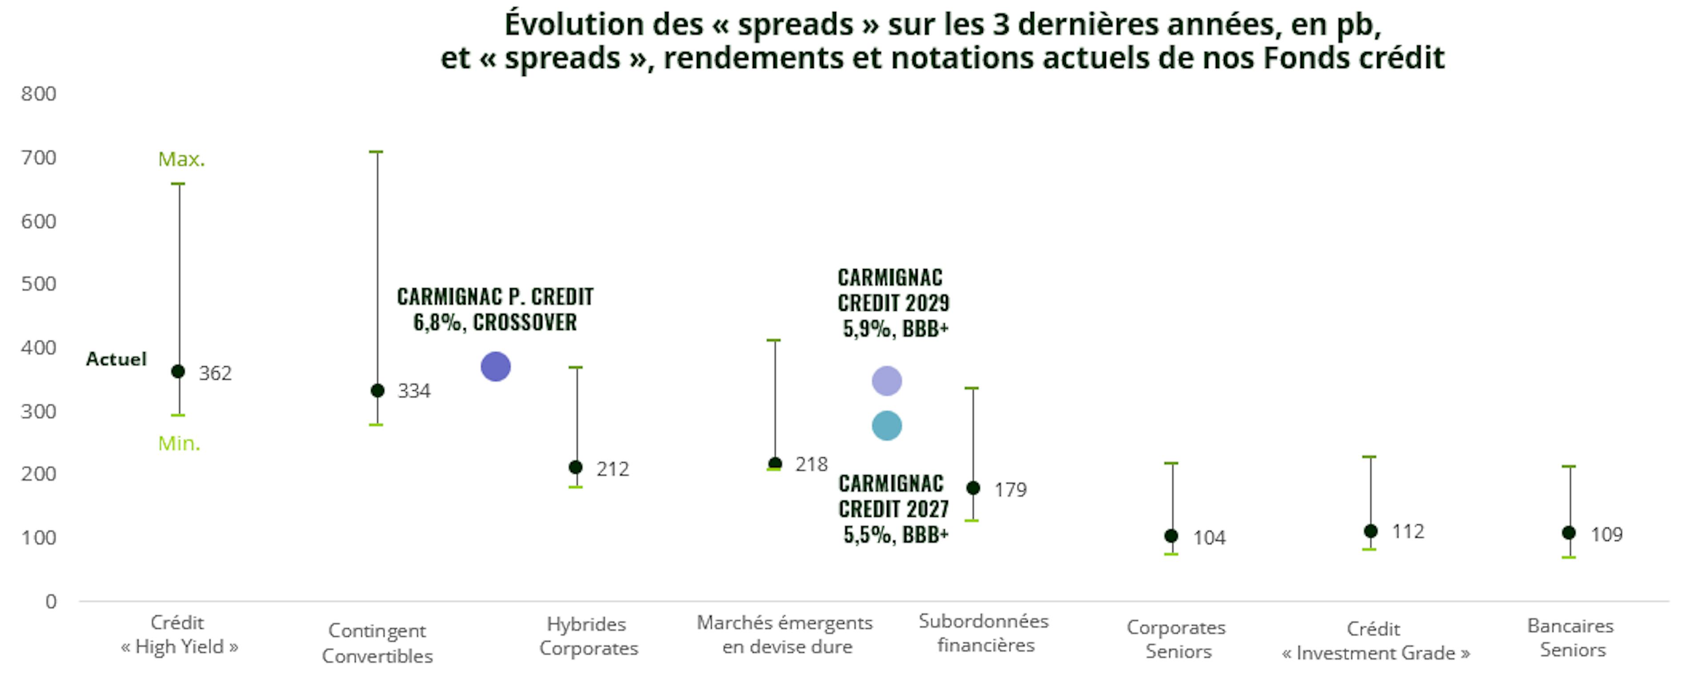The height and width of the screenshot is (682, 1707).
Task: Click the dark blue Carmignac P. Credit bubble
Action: [x=495, y=366]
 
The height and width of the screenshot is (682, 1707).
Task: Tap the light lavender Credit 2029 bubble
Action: [x=887, y=381]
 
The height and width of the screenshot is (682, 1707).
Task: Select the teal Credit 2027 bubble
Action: [x=887, y=425]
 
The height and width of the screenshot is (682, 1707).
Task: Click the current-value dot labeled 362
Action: [x=178, y=371]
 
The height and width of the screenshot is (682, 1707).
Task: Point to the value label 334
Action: [x=413, y=391]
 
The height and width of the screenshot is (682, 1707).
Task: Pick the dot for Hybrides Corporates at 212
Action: [x=576, y=467]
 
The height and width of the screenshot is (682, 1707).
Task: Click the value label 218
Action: [x=811, y=464]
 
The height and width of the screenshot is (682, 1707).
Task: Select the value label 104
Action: [x=1209, y=538]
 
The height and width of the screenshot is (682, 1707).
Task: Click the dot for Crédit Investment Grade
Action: [x=1370, y=531]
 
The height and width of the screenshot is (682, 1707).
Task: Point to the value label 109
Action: [x=1606, y=534]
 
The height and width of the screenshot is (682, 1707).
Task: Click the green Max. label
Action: [x=181, y=159]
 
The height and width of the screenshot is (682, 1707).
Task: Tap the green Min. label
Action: [x=179, y=443]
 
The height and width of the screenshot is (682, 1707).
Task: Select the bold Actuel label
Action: [x=116, y=359]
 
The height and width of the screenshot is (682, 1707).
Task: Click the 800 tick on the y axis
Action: [x=38, y=93]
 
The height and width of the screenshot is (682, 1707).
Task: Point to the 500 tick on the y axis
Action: [x=38, y=284]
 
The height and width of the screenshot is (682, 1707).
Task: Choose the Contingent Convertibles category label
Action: [x=377, y=643]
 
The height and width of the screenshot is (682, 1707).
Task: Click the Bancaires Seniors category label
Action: [x=1571, y=638]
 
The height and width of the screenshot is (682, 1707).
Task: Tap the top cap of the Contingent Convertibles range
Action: [x=376, y=152]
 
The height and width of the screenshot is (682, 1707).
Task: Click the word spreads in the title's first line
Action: [x=796, y=24]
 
